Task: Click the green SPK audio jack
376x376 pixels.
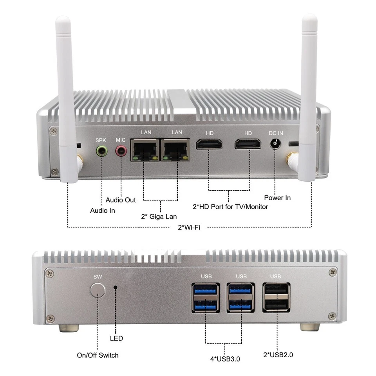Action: click(102, 150)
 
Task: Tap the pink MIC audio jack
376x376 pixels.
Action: click(121, 150)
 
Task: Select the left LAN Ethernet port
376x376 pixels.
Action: click(145, 150)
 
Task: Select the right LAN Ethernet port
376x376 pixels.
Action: click(176, 150)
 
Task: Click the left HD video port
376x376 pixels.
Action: click(209, 144)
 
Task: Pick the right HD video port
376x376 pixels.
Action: click(248, 144)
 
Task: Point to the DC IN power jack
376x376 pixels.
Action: click(276, 144)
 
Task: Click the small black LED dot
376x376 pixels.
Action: click(116, 287)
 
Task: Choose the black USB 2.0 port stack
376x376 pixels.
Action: click(276, 297)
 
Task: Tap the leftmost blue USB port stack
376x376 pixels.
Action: click(206, 297)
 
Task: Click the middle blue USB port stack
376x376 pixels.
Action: click(241, 297)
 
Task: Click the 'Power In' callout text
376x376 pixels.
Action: click(277, 198)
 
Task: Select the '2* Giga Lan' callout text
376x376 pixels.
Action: click(159, 217)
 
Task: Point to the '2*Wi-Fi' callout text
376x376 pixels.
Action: click(189, 227)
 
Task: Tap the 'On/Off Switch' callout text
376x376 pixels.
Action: click(98, 355)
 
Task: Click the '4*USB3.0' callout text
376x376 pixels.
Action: click(226, 357)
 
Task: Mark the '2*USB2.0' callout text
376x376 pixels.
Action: click(278, 355)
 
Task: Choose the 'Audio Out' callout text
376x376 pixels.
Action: click(121, 200)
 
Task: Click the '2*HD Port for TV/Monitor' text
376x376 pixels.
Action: click(230, 206)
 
